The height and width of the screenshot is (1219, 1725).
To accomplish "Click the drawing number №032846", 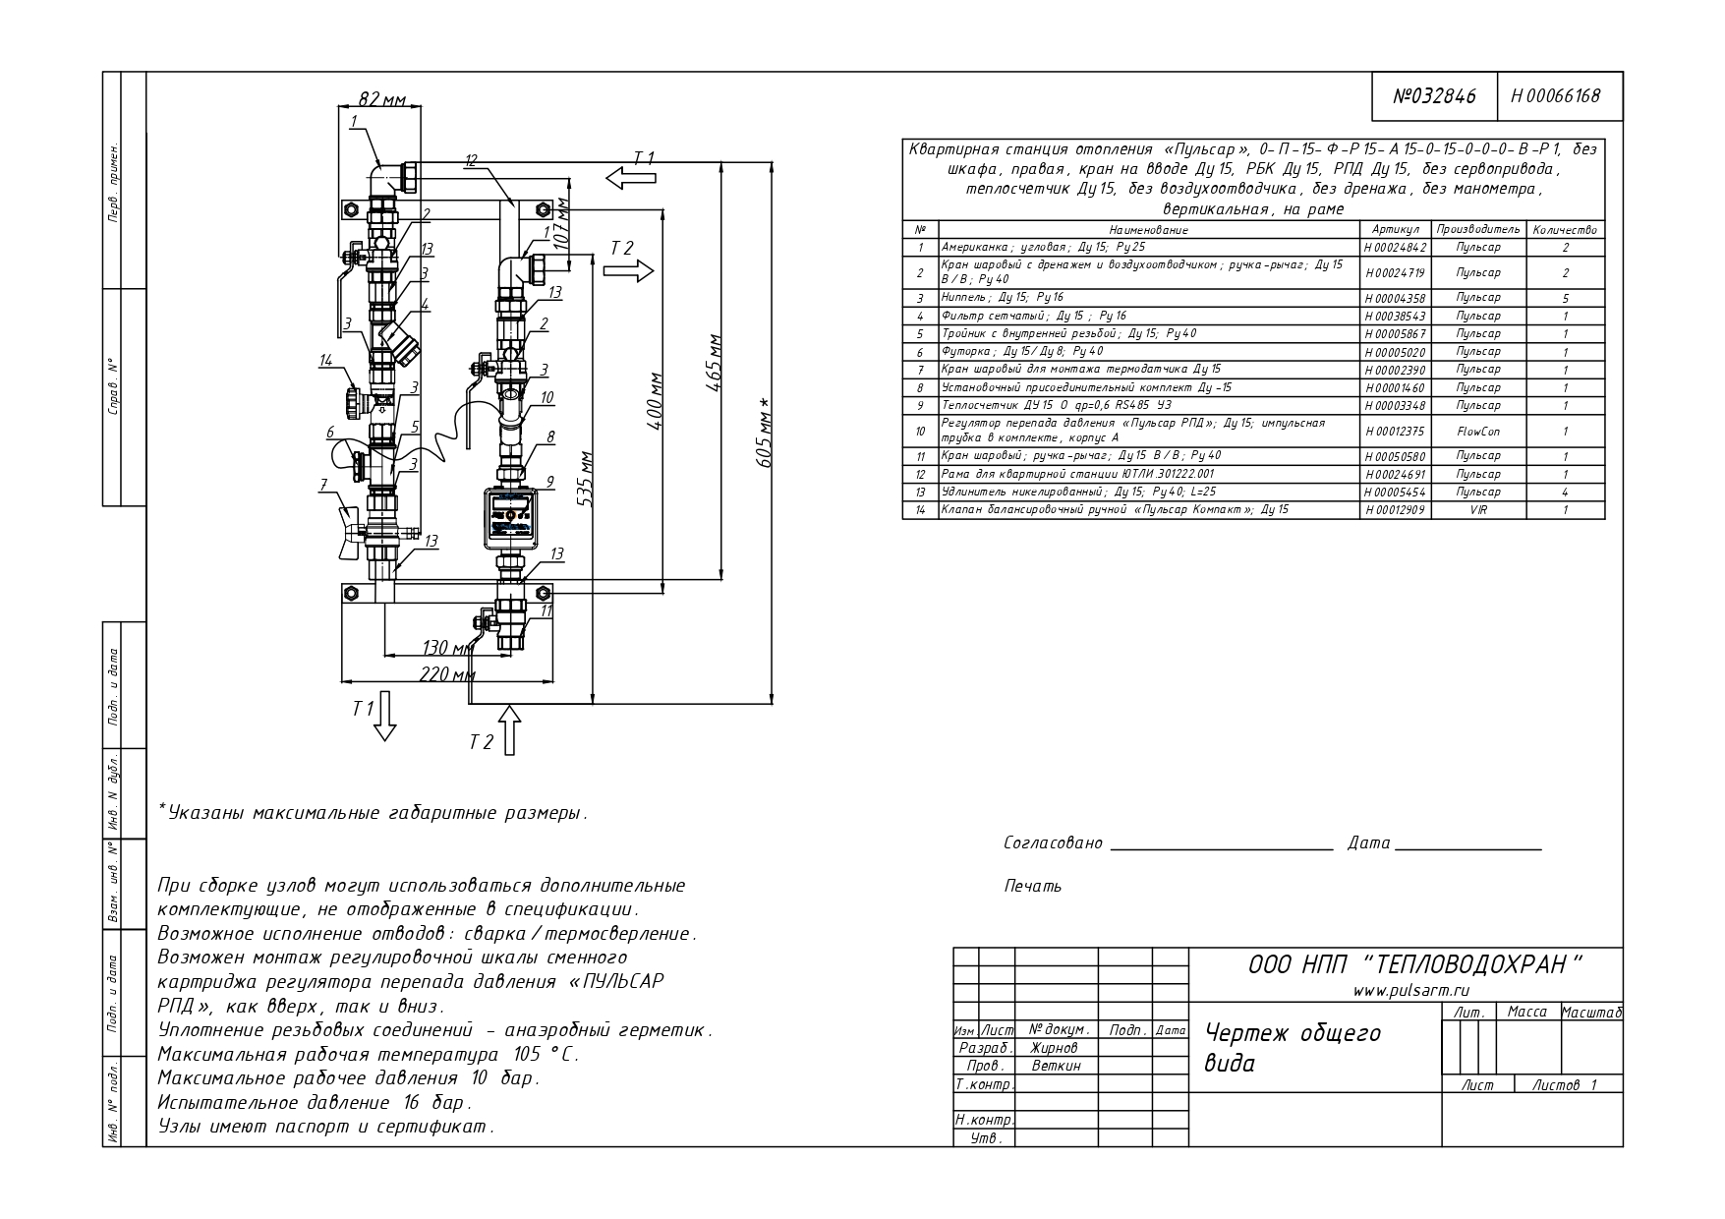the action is tap(1435, 96).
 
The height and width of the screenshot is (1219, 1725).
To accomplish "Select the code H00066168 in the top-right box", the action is tap(1555, 96).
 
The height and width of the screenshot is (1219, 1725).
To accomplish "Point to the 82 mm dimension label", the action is tap(382, 99).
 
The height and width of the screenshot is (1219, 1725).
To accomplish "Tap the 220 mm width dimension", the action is tap(447, 674).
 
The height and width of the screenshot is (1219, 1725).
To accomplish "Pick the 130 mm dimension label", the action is tap(447, 647).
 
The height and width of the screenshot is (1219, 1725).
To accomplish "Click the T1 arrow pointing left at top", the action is tap(630, 178).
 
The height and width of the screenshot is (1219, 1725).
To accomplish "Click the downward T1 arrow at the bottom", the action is tap(384, 715).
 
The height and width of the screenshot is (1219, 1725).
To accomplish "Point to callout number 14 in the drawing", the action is tap(326, 361).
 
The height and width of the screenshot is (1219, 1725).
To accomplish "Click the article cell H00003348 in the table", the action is tap(1395, 406).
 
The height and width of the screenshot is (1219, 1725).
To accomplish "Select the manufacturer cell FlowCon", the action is tap(1478, 431).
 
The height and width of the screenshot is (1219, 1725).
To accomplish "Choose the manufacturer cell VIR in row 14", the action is tap(1478, 510).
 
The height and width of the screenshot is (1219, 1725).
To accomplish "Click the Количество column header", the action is tap(1565, 230).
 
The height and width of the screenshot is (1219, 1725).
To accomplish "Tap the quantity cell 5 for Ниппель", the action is tap(1565, 298).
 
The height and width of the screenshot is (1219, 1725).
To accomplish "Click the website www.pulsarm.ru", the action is tap(1411, 992).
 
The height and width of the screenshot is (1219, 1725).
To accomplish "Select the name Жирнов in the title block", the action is tap(1055, 1048).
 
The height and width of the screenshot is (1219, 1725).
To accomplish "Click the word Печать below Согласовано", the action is tap(1033, 887).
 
